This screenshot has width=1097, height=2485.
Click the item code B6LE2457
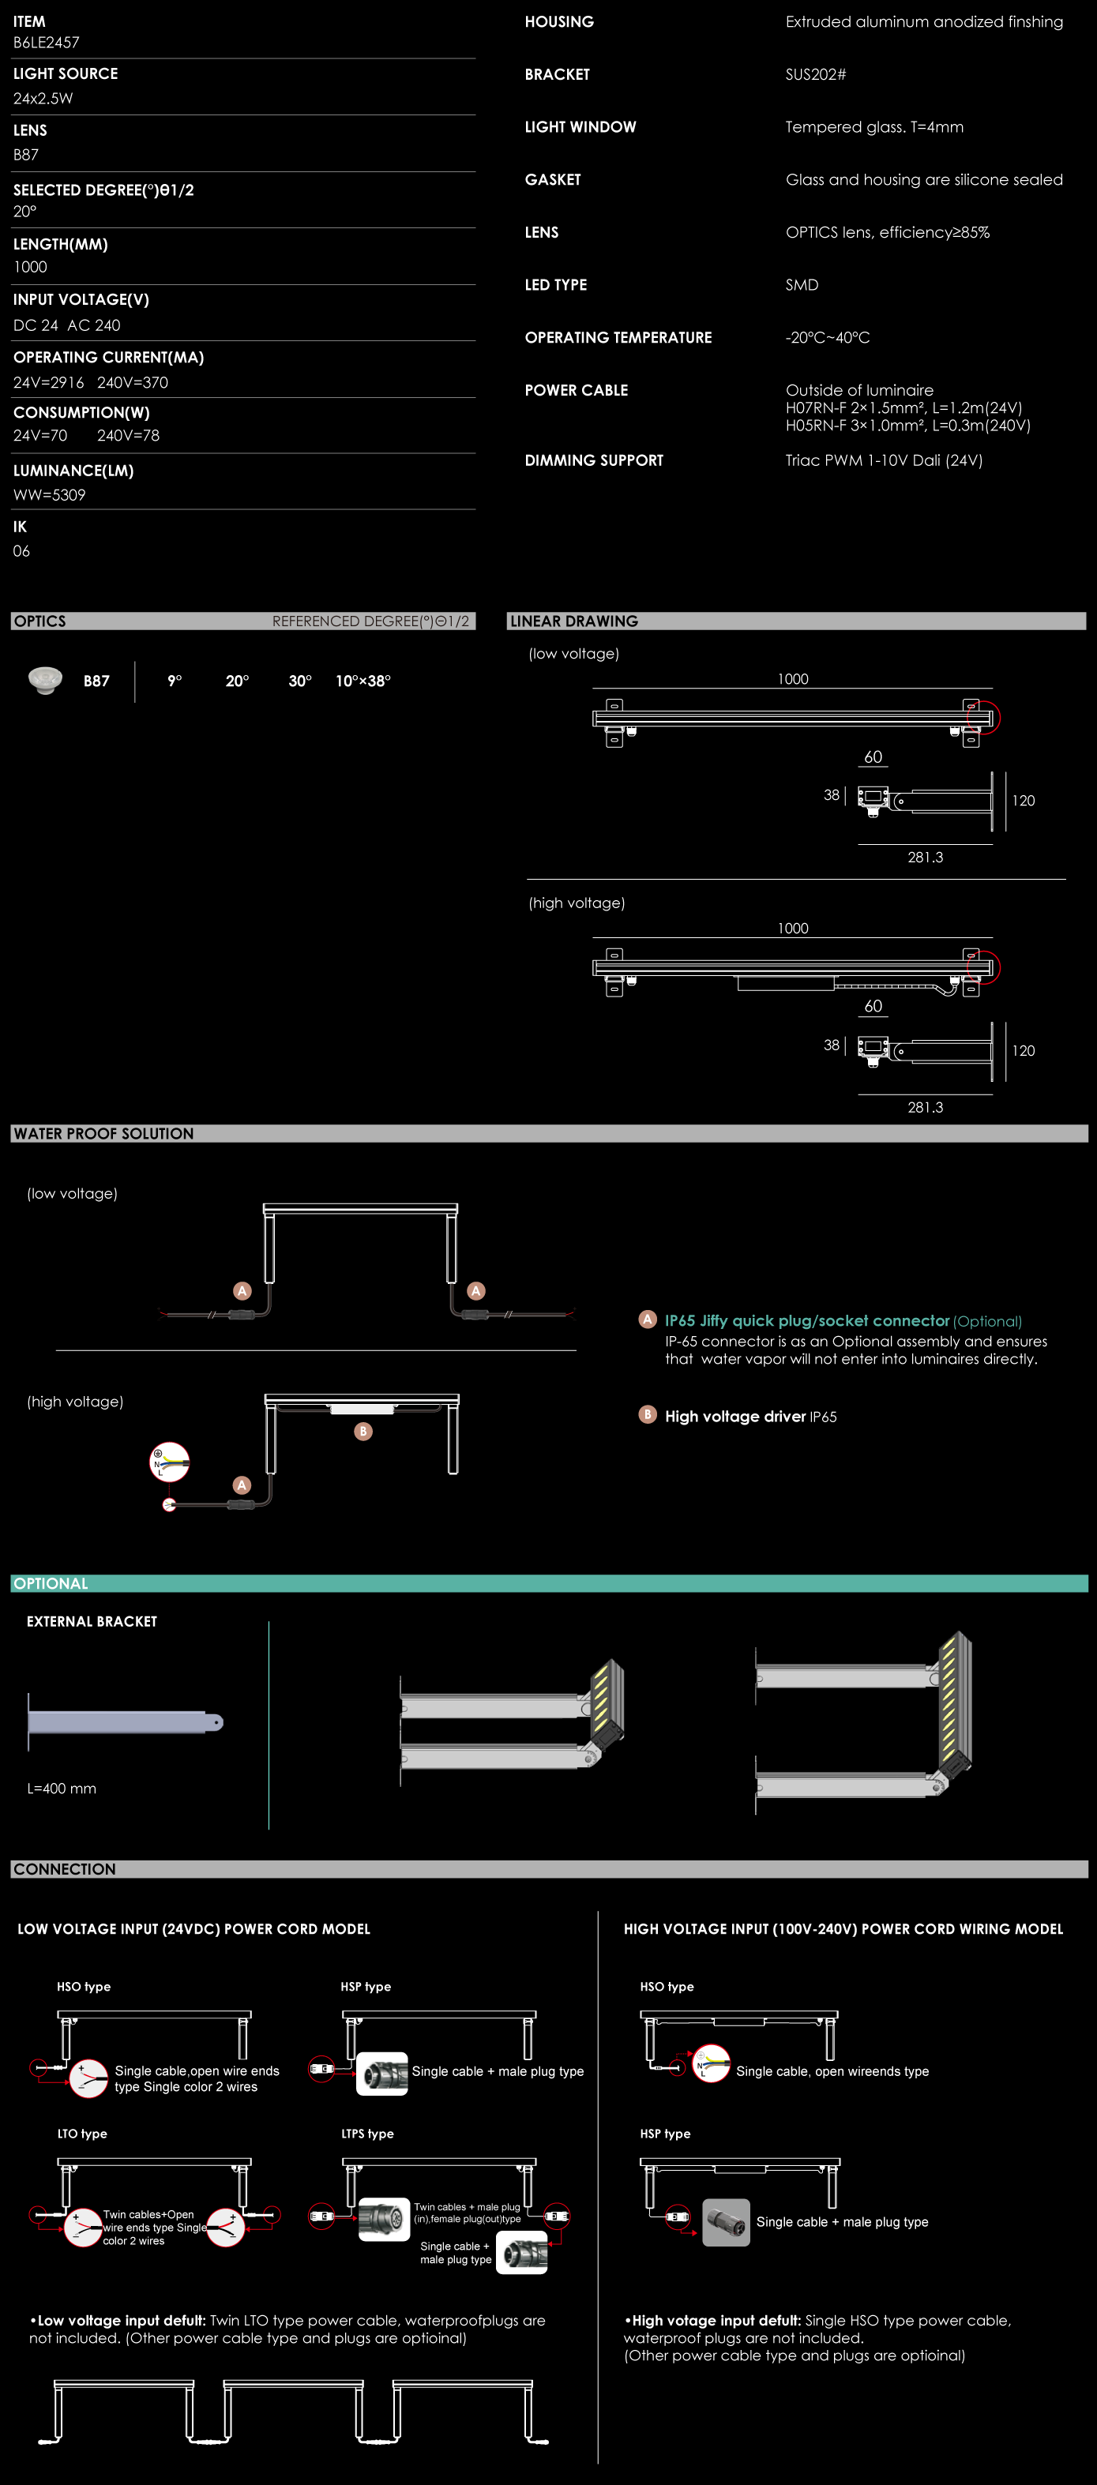click(x=47, y=43)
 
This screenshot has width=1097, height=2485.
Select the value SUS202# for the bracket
click(x=815, y=74)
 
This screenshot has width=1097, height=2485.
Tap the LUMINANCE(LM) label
click(x=73, y=471)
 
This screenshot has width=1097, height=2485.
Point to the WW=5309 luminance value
click(x=49, y=495)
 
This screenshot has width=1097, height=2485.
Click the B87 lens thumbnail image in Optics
click(x=44, y=680)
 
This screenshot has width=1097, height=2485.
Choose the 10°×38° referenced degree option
click(x=363, y=681)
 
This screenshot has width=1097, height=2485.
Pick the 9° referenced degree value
click(x=175, y=681)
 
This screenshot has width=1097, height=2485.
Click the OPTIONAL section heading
click(x=51, y=1583)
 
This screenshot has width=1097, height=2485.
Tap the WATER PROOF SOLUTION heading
click(x=103, y=1133)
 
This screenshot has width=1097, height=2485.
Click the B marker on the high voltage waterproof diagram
click(x=364, y=1432)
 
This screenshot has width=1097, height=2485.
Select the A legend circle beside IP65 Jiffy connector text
click(x=648, y=1319)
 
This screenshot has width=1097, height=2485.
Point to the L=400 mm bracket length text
click(x=62, y=1789)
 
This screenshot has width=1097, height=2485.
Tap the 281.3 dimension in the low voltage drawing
click(x=926, y=858)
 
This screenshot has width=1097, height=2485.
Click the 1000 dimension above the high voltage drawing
click(x=793, y=928)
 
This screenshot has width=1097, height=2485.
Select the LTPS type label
click(x=367, y=2134)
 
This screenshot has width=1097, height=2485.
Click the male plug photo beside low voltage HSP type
click(x=382, y=2073)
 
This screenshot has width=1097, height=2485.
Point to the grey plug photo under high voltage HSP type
click(x=727, y=2223)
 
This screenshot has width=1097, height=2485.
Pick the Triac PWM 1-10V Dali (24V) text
click(x=884, y=460)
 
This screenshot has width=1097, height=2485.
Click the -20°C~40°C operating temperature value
click(x=828, y=338)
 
